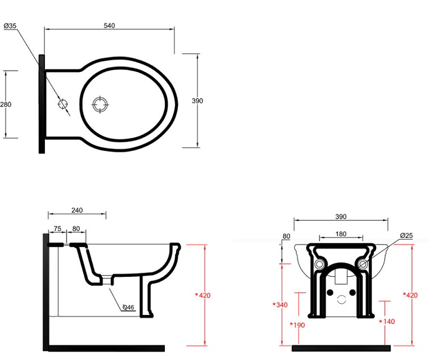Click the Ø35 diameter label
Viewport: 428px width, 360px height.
pos(10,26)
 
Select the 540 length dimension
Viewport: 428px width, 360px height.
pos(109,26)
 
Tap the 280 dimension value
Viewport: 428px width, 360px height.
pos(6,105)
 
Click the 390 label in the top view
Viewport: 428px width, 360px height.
pos(197,101)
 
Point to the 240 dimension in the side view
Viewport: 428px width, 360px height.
pos(77,210)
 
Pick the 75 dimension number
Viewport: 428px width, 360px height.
pos(57,229)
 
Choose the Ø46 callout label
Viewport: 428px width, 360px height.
pos(128,307)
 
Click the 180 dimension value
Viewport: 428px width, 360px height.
pos(341,234)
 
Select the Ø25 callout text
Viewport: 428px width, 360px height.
pos(407,236)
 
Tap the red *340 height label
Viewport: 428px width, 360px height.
pos(280,305)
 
